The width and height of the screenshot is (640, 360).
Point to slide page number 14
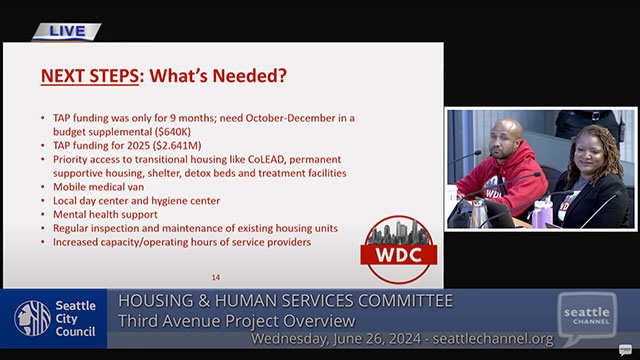point(215,277)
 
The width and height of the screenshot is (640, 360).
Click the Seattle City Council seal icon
point(32,318)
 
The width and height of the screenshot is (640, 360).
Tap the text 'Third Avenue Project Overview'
point(237,320)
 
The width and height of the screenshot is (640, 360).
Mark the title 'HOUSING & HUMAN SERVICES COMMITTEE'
point(286,301)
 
